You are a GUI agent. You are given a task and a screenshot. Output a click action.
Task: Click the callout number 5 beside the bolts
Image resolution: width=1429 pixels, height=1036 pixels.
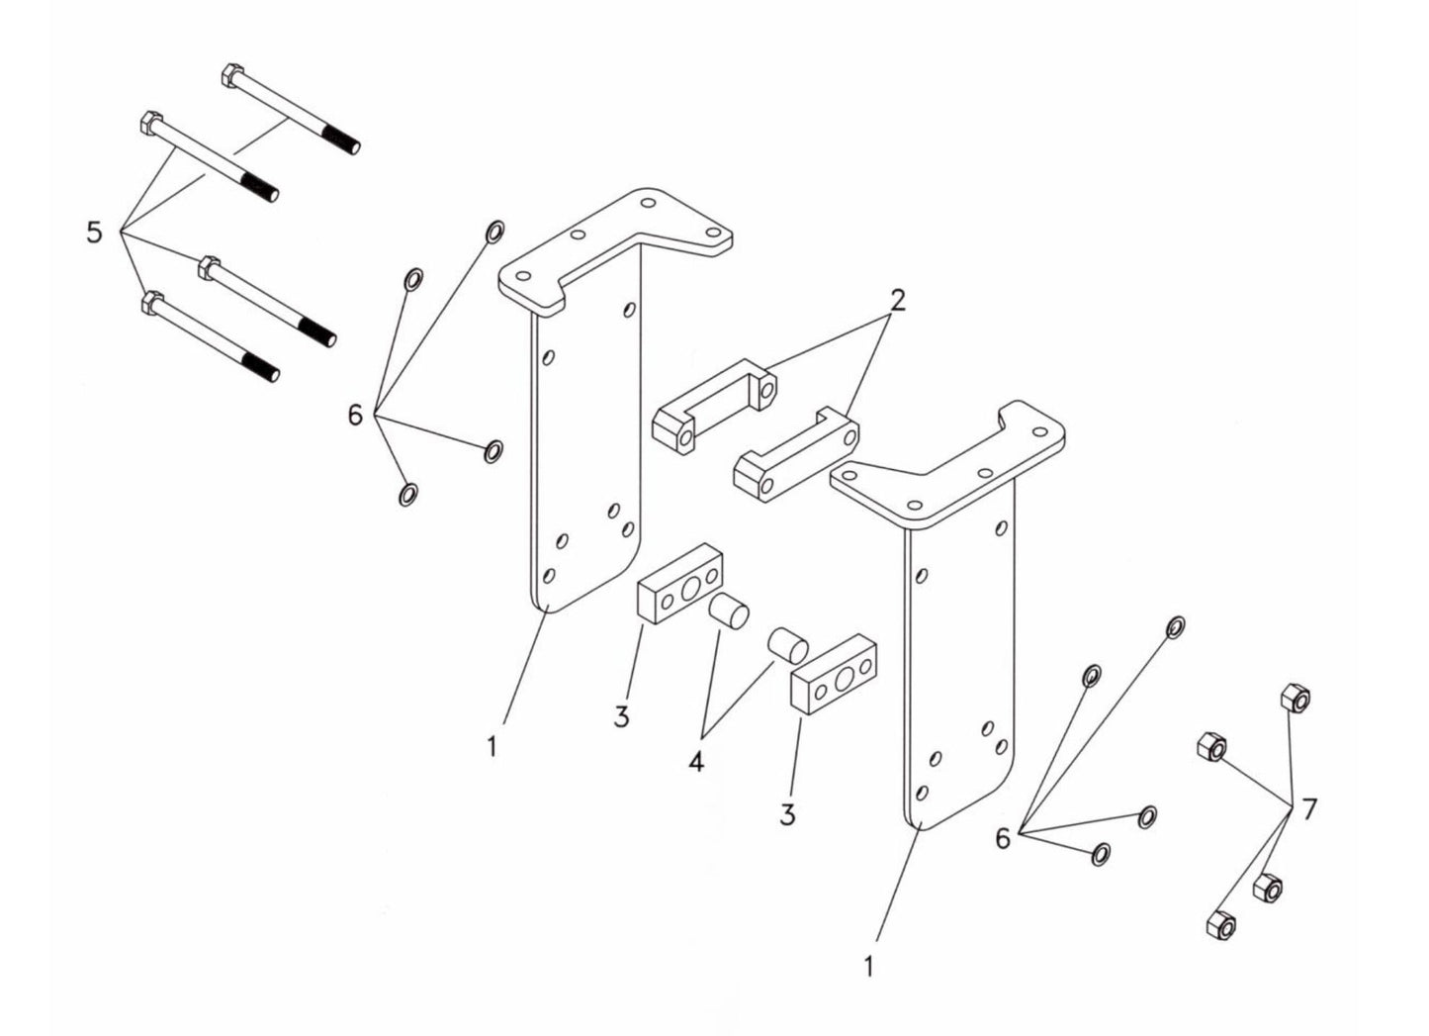pyautogui.click(x=94, y=234)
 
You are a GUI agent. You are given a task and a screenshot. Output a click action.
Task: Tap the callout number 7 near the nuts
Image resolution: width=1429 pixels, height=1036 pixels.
pyautogui.click(x=1309, y=809)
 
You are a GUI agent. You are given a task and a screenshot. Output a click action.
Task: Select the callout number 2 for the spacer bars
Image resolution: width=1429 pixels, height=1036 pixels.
pyautogui.click(x=896, y=301)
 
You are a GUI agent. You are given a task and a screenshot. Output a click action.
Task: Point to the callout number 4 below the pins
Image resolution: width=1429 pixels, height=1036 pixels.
pyautogui.click(x=696, y=762)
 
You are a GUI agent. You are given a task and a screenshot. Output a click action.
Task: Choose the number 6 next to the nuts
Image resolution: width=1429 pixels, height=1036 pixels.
pyautogui.click(x=1003, y=839)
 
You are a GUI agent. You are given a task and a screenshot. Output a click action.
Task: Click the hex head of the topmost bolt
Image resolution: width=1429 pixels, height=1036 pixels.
pyautogui.click(x=227, y=76)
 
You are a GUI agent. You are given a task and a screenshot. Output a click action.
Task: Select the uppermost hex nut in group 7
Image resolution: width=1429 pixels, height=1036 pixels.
pyautogui.click(x=1294, y=700)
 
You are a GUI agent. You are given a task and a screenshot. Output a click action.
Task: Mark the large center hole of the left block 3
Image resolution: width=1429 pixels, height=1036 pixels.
pyautogui.click(x=689, y=591)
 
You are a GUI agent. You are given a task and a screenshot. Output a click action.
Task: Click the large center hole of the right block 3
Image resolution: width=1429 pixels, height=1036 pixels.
pyautogui.click(x=844, y=679)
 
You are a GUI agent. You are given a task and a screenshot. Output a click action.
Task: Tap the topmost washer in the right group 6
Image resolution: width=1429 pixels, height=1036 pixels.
pyautogui.click(x=1176, y=626)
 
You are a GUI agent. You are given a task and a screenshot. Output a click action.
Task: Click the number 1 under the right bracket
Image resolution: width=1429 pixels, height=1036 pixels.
pyautogui.click(x=868, y=966)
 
